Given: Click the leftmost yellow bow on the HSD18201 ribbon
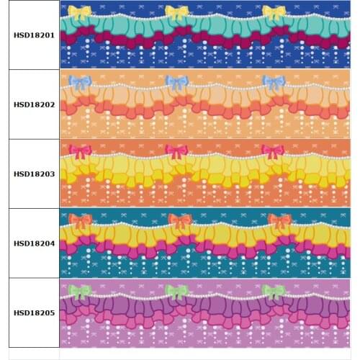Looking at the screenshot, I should pyautogui.click(x=79, y=12).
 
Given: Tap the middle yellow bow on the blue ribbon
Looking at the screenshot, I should pyautogui.click(x=176, y=12).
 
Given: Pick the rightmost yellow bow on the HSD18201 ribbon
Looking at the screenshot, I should pyautogui.click(x=274, y=12).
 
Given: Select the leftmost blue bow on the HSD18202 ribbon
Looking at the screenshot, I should pyautogui.click(x=80, y=82).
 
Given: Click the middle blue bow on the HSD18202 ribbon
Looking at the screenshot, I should pyautogui.click(x=176, y=82).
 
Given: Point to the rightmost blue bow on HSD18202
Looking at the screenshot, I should pyautogui.click(x=274, y=82).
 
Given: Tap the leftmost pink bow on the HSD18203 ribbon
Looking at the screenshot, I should pyautogui.click(x=79, y=151).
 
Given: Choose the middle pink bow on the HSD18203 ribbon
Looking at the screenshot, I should pyautogui.click(x=176, y=151).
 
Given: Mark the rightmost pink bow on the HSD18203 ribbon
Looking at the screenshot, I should pyautogui.click(x=272, y=151).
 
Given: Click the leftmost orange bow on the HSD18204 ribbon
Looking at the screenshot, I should pyautogui.click(x=80, y=221).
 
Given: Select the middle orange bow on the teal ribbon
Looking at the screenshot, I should pyautogui.click(x=179, y=221).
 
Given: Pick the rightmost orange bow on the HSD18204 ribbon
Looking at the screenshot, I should pyautogui.click(x=279, y=221).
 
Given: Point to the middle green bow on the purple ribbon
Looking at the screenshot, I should pyautogui.click(x=176, y=291).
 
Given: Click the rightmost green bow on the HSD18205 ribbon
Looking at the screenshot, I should pyautogui.click(x=273, y=291).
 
